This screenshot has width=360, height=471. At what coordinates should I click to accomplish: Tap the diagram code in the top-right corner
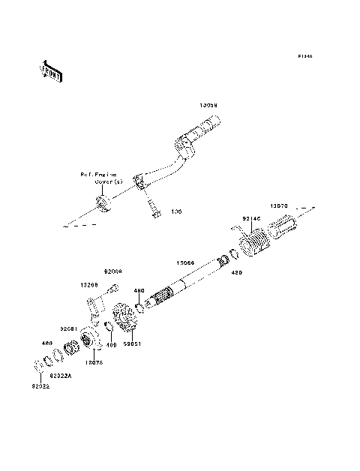[304, 56]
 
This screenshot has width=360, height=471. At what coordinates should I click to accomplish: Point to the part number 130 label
[176, 212]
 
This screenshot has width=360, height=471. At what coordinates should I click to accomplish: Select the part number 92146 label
[250, 219]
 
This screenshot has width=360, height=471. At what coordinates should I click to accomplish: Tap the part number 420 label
[235, 273]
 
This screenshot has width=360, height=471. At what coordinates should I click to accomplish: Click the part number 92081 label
[69, 328]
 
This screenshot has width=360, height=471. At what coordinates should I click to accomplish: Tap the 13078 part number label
[94, 361]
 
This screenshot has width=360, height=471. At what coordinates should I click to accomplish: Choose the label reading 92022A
[61, 375]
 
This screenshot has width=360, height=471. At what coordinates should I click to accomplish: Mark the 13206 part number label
[89, 285]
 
